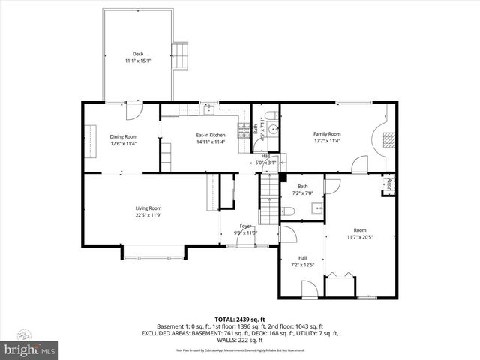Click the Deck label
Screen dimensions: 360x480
tap(138, 54)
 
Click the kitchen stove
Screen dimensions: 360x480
tap(243, 133)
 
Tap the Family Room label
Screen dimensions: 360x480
tap(327, 134)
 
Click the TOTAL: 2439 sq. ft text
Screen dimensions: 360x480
tap(239, 319)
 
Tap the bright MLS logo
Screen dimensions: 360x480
tap(30, 349)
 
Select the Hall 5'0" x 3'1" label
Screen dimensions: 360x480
tap(267, 158)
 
